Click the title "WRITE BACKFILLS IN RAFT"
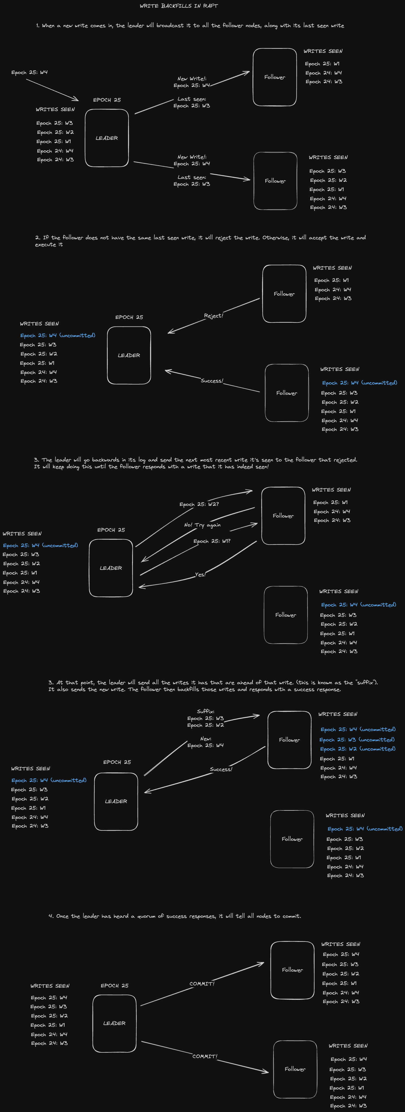tap(178, 6)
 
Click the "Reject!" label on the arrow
tap(213, 316)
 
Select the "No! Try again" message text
tap(202, 525)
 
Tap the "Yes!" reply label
tap(200, 575)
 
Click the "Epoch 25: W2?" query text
tap(199, 504)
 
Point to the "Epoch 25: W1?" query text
tap(212, 541)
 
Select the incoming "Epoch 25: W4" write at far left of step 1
tap(29, 72)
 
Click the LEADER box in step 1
tap(107, 138)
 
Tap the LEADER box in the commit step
tap(114, 1023)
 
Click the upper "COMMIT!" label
tap(202, 983)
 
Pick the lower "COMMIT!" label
tap(205, 1056)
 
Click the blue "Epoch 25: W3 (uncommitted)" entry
tap(357, 739)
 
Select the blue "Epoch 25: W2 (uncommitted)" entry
tap(358, 749)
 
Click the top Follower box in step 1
tap(275, 77)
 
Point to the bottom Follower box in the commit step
tap(295, 1069)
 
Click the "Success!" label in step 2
tap(212, 381)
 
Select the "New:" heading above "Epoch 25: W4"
tap(206, 739)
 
